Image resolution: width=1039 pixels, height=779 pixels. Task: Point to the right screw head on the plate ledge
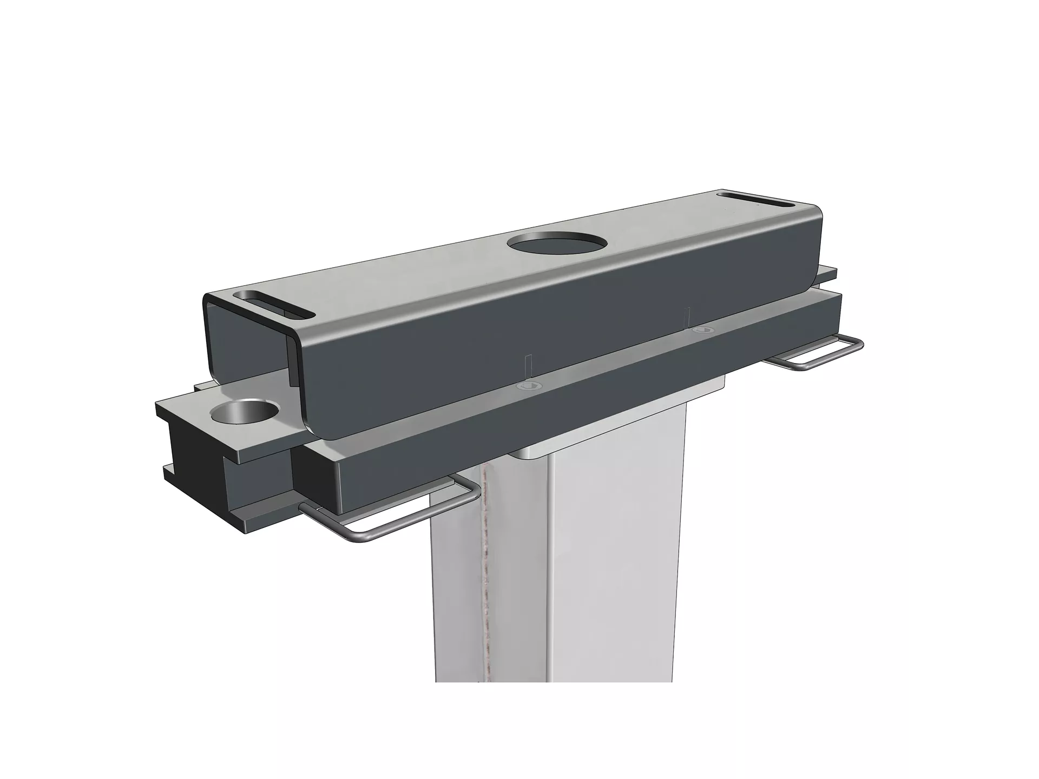pos(702,329)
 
